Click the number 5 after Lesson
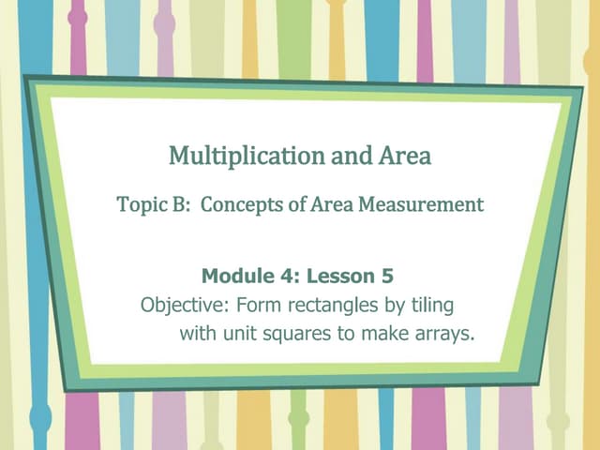(387, 277)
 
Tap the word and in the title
(346, 156)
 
